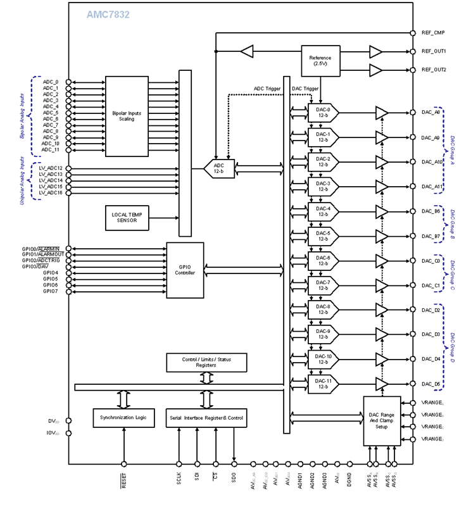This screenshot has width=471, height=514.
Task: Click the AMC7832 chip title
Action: tap(108, 14)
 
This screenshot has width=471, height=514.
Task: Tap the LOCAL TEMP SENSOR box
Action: tap(127, 218)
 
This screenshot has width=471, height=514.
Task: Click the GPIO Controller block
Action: tap(185, 270)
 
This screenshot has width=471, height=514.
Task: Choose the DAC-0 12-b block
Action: tap(323, 113)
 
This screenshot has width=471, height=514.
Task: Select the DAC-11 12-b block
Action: tap(323, 384)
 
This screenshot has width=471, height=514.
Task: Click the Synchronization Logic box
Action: tap(123, 418)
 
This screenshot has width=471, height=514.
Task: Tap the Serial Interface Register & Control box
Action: tap(206, 418)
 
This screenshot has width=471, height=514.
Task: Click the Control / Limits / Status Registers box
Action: tap(206, 363)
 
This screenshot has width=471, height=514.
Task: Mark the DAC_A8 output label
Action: tap(430, 113)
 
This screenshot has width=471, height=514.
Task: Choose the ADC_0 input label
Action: tap(51, 82)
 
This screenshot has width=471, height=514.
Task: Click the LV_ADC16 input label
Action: tap(51, 193)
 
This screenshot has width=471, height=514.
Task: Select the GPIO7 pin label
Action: tap(51, 292)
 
